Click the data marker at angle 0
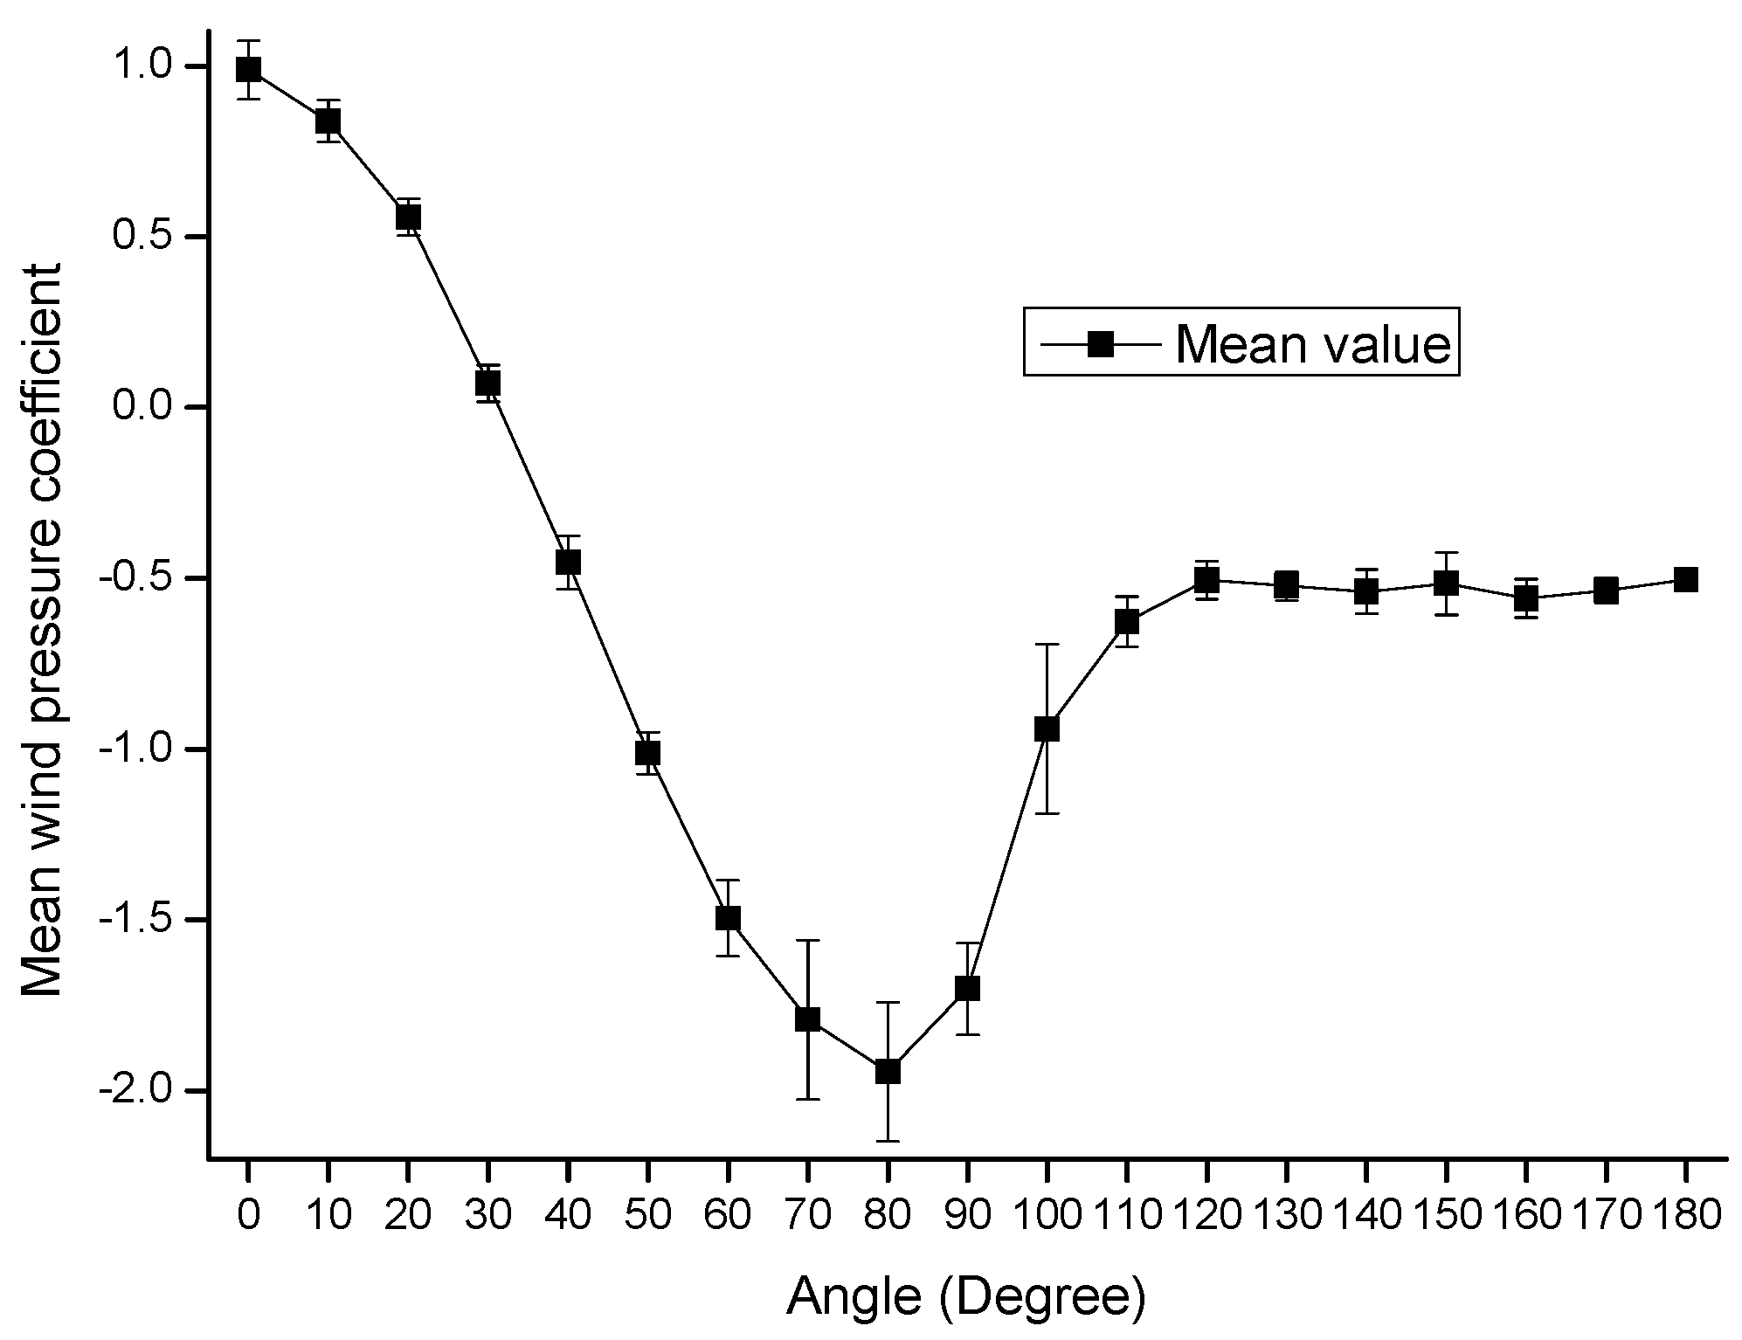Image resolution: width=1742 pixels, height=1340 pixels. point(248,69)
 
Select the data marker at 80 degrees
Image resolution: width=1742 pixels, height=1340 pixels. point(887,1071)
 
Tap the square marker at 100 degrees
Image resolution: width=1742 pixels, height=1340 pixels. point(1047,729)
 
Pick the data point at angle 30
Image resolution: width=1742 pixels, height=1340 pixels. point(487,383)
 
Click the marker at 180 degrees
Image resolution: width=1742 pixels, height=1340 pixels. point(1685,579)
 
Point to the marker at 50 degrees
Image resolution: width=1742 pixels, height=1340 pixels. point(647,752)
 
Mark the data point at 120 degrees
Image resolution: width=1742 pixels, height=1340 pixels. point(1206,579)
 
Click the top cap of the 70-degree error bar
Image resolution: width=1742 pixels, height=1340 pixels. point(807,940)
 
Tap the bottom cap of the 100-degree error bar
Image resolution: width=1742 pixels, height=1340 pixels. point(1047,813)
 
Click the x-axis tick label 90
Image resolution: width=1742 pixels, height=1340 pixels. point(966,1215)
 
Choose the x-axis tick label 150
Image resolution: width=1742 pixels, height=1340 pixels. point(1446,1215)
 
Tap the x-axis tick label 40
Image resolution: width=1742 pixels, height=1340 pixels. point(568,1215)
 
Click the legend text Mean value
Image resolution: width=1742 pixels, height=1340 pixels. point(1313,344)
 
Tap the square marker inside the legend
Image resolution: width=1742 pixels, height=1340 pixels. point(1100,344)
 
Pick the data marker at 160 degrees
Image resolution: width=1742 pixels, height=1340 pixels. point(1525,598)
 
